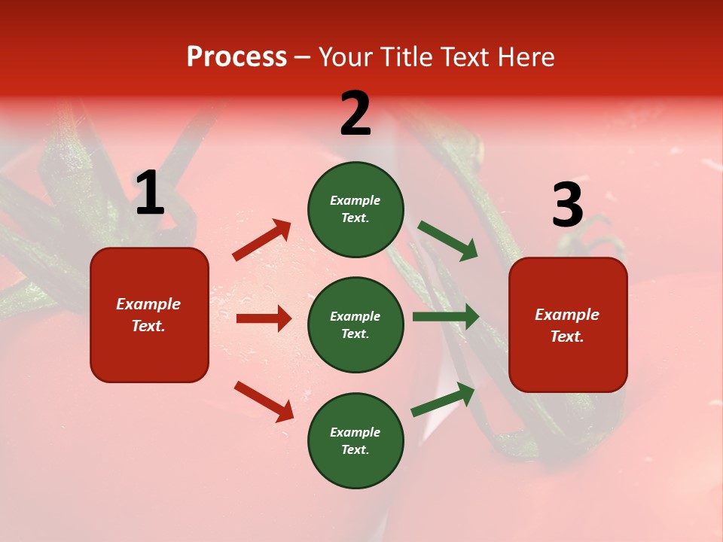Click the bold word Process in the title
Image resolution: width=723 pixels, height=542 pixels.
(236, 57)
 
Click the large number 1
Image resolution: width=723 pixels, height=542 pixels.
(150, 193)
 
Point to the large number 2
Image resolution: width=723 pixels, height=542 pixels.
(355, 114)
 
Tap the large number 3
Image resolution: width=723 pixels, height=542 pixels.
(567, 206)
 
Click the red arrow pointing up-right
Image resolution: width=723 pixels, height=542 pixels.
(262, 240)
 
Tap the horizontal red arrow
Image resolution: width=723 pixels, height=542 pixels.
(264, 318)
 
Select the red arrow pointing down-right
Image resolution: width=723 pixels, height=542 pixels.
(264, 401)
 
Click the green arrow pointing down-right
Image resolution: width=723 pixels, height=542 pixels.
(448, 241)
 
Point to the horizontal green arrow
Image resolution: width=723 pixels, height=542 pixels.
(446, 317)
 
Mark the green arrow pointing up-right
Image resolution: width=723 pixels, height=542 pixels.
(444, 399)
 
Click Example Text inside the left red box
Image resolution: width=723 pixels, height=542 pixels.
(148, 315)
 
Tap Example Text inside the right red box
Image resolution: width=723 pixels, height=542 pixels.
(567, 325)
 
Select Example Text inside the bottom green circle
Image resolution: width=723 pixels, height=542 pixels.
(355, 441)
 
